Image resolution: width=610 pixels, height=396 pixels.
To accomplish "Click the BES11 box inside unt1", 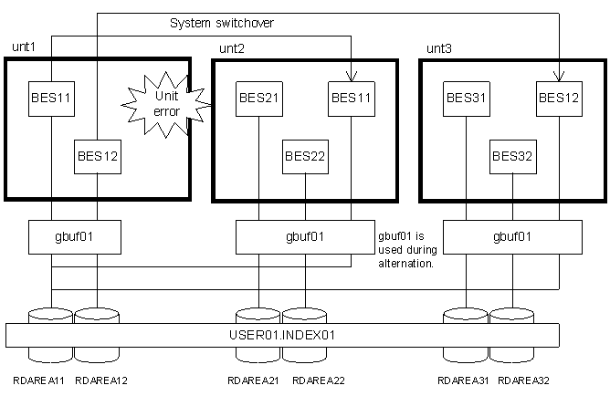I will [51, 95].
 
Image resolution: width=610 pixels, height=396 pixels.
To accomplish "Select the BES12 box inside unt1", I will [97, 156].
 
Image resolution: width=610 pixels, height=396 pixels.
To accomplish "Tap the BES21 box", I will [259, 95].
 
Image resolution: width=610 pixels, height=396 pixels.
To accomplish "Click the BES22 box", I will [305, 156].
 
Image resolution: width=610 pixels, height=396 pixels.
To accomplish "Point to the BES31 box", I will [467, 95].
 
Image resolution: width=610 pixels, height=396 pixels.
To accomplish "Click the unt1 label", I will [23, 46].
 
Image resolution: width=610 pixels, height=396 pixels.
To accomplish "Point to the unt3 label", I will [438, 47].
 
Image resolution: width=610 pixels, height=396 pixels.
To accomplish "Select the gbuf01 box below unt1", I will [74, 236].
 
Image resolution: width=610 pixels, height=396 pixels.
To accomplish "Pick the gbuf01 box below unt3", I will [512, 236].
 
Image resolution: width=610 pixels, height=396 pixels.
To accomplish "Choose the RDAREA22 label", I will [303, 380].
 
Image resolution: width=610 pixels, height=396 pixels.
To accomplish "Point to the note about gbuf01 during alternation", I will [406, 248].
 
